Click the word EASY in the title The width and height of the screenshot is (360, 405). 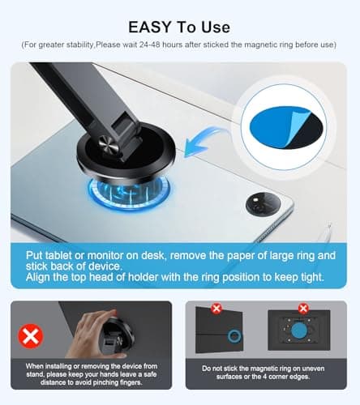pyautogui.click(x=150, y=27)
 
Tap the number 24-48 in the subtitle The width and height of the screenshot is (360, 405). pyautogui.click(x=150, y=45)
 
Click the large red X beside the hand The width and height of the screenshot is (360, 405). pyautogui.click(x=31, y=336)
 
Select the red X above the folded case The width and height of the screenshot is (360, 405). pyautogui.click(x=216, y=308)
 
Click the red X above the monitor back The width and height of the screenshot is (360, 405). pyautogui.click(x=303, y=308)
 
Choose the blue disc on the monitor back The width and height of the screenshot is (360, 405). pyautogui.click(x=299, y=330)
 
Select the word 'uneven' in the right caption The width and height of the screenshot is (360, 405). pyautogui.click(x=313, y=369)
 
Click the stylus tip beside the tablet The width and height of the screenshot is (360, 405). pyautogui.click(x=329, y=224)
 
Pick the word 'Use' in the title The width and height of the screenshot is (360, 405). pyautogui.click(x=216, y=27)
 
